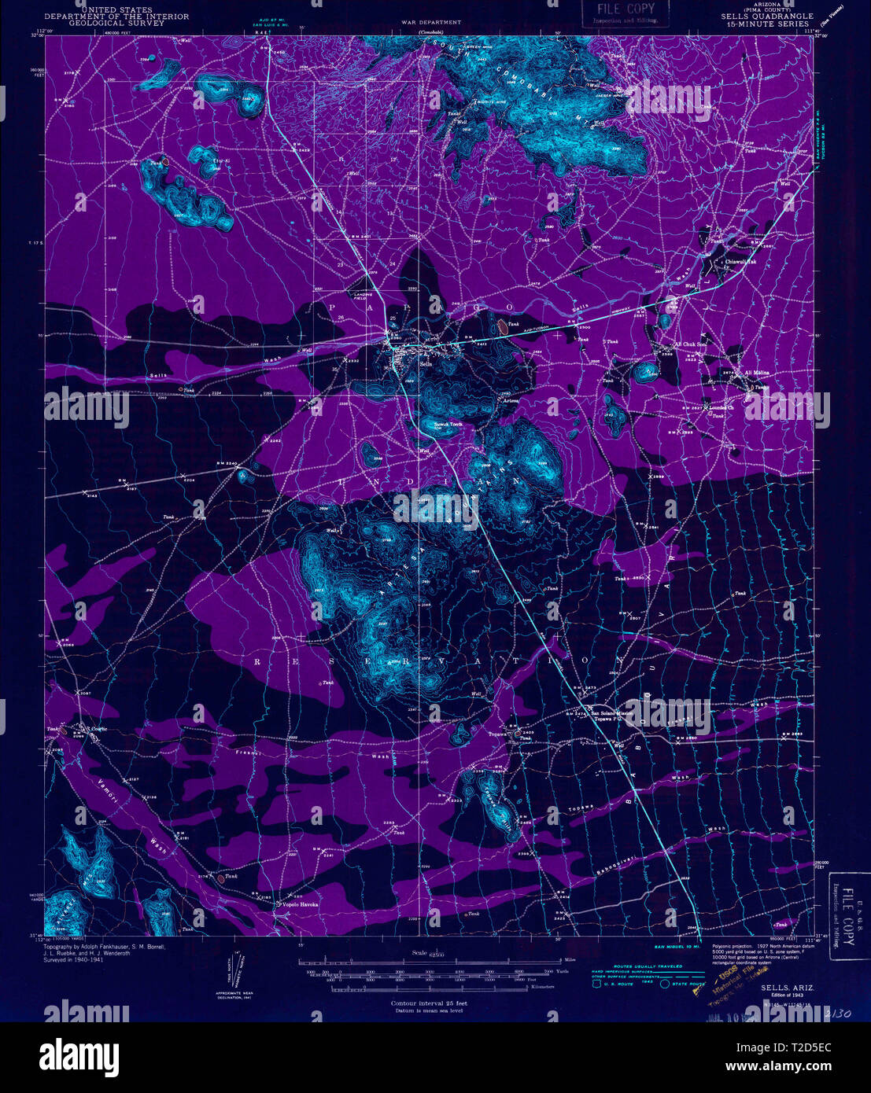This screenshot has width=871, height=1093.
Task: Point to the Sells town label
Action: [x=426, y=364]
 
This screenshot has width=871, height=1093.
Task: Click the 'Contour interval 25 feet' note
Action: [x=429, y=1003]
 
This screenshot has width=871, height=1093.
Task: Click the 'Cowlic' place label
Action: [x=98, y=729]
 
